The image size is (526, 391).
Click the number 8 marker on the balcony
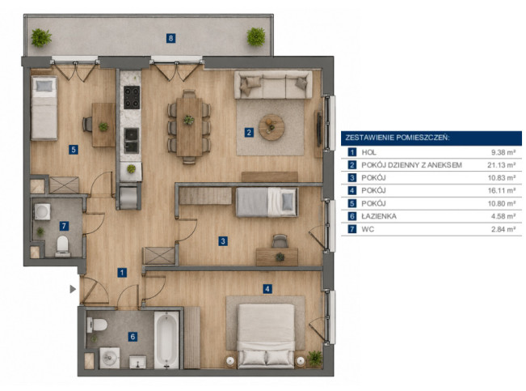(170, 38)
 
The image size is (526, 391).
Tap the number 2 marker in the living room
(249, 133)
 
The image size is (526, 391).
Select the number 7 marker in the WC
(64, 226)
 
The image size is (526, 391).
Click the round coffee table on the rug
(271, 127)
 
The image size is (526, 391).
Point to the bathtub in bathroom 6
(166, 339)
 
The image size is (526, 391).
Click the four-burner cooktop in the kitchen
(132, 97)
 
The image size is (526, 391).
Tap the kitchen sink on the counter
(131, 140)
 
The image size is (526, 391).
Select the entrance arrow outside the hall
(73, 289)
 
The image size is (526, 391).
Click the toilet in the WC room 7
(63, 244)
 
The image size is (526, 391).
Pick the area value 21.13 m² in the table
(502, 165)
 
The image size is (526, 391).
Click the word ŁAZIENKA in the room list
(379, 216)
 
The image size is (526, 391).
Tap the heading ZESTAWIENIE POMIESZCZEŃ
(398, 138)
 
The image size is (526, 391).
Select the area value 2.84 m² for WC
(503, 229)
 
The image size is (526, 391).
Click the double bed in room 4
(267, 335)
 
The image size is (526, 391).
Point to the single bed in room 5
(44, 108)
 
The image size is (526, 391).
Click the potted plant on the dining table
(188, 120)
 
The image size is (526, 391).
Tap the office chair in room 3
(280, 241)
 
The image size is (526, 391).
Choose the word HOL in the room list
(368, 152)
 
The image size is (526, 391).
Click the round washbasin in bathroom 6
(109, 358)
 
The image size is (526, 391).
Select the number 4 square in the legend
(352, 190)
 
